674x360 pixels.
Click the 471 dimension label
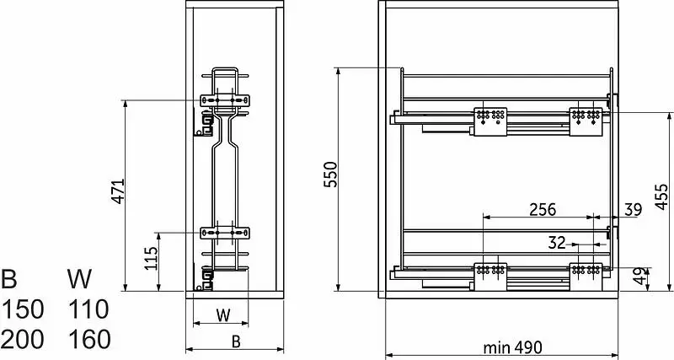click(117, 191)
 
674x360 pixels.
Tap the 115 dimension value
click(151, 258)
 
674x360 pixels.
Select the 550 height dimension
click(330, 175)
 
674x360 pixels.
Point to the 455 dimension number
click(661, 197)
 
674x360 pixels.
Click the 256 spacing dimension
click(543, 209)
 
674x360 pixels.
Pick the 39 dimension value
click(634, 209)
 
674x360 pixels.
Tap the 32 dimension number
click(557, 243)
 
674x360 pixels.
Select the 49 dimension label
click(640, 277)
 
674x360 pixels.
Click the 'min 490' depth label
click(513, 347)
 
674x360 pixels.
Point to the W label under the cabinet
click(223, 315)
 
